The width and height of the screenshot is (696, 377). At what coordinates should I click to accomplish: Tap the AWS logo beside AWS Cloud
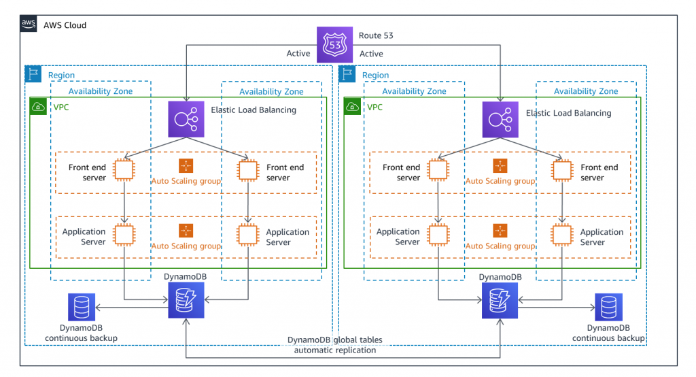[29, 24]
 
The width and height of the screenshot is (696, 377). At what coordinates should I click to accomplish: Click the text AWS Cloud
[65, 25]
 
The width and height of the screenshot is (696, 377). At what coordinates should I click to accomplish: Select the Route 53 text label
[375, 35]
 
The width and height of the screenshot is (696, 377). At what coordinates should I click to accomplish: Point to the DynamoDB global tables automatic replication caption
[335, 345]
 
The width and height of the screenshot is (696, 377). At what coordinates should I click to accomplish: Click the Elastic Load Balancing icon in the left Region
[186, 119]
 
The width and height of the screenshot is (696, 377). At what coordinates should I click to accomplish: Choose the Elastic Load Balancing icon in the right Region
[500, 119]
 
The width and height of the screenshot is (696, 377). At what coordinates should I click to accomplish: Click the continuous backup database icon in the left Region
[81, 308]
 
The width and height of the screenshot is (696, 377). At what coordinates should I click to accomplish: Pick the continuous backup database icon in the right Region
[608, 308]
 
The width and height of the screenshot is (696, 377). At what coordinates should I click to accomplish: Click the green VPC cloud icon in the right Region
[353, 106]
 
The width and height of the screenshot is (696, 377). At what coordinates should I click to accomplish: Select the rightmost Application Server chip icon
[561, 234]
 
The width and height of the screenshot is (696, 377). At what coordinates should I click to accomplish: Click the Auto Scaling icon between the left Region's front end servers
[186, 166]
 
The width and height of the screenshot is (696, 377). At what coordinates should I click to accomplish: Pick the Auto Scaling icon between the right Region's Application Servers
[500, 231]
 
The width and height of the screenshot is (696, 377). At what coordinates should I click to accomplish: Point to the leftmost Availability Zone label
[101, 91]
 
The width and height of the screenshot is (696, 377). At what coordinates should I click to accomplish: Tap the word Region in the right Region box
[375, 75]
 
